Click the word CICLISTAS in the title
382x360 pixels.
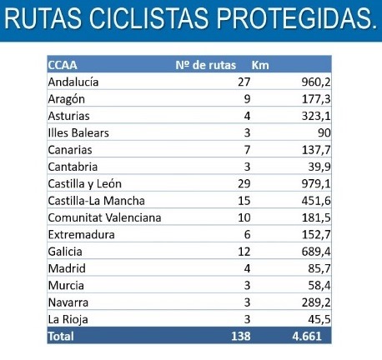point(148,18)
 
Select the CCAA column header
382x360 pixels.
point(63,65)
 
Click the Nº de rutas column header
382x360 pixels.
point(206,65)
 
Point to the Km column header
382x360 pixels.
point(260,65)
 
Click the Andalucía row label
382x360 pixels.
point(73,82)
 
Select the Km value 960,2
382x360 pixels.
point(316,82)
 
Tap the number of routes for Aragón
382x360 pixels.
point(247,99)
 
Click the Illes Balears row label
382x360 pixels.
point(78,132)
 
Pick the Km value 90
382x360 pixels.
point(324,132)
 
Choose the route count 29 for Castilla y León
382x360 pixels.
point(244,184)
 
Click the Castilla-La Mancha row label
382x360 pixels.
point(97,201)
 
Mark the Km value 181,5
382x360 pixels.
point(316,218)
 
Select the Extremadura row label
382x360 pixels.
point(82,235)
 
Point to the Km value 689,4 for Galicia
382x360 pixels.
point(316,252)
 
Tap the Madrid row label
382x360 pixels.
point(67,268)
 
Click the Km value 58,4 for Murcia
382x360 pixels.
point(319,286)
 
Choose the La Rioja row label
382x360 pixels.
point(68,320)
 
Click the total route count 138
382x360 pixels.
point(241,337)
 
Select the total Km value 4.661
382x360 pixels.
point(307,337)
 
